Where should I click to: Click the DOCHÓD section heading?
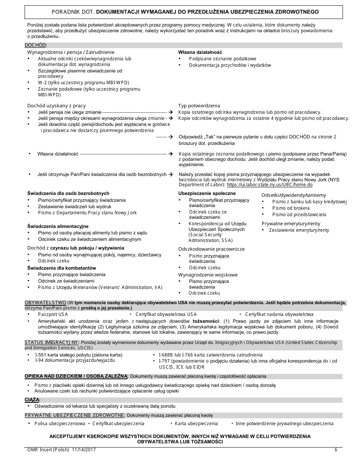click(x=36, y=45)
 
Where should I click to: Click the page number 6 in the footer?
click(x=336, y=450)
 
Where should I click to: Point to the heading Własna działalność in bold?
click(x=200, y=52)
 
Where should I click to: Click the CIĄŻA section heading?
click(x=32, y=400)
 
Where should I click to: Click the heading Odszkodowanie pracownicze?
click(x=211, y=249)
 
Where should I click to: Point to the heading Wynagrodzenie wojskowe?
click(x=208, y=275)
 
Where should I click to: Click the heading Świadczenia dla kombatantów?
click(x=61, y=268)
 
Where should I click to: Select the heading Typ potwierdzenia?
click(x=199, y=106)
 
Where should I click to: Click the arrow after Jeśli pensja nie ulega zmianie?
click(x=171, y=112)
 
